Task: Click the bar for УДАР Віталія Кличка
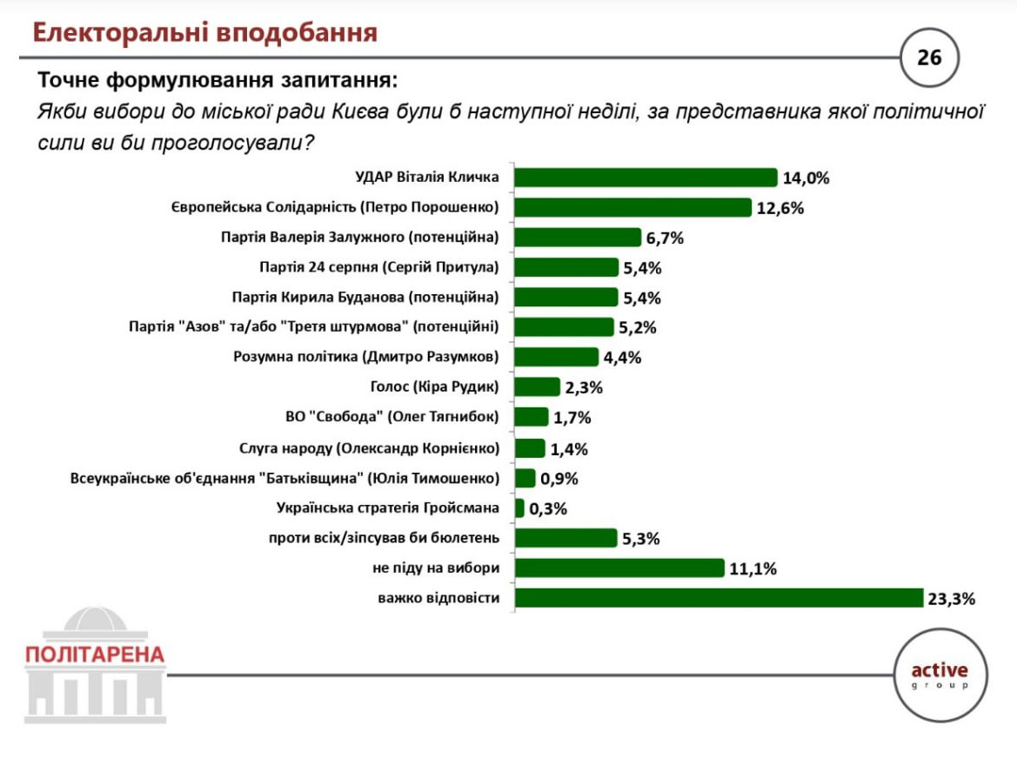(x=645, y=178)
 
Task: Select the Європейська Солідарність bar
(x=632, y=207)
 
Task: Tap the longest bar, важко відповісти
(x=718, y=598)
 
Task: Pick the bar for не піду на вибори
(x=619, y=568)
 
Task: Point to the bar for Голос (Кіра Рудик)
(x=537, y=387)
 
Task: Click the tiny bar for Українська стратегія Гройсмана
(x=519, y=507)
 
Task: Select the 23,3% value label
(x=951, y=599)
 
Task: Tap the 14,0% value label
(x=806, y=178)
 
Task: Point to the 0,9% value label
(x=559, y=479)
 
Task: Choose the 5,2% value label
(x=639, y=328)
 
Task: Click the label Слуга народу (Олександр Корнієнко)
(x=369, y=448)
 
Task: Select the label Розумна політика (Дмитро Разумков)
(x=366, y=357)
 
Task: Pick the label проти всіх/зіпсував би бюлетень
(x=384, y=537)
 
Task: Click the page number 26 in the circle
(x=928, y=57)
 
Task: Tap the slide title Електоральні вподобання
(x=205, y=33)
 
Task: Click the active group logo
(x=939, y=675)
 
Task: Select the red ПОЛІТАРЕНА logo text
(x=95, y=655)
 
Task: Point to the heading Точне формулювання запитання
(x=217, y=81)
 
